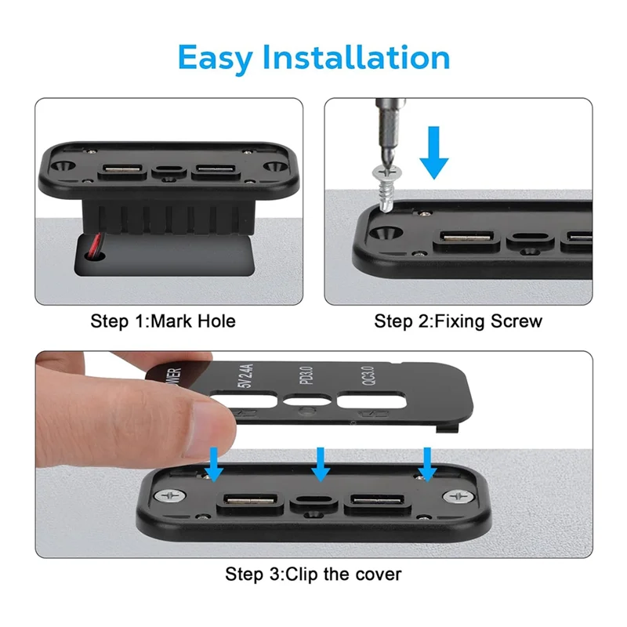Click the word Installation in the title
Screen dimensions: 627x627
pos(356,57)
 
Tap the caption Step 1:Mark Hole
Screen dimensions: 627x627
pos(163,321)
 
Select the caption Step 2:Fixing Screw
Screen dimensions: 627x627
pos(458,321)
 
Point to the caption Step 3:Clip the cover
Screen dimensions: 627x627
pos(313,574)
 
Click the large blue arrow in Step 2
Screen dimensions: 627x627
pos(433,154)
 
